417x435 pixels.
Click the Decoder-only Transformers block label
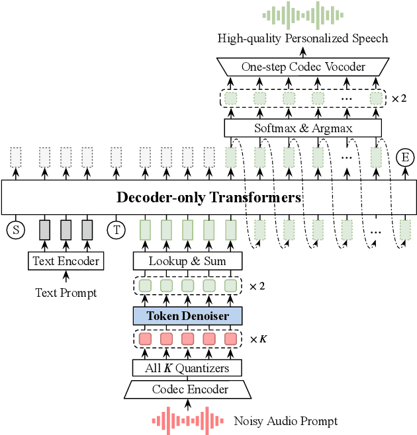[208, 198]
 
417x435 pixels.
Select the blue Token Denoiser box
[187, 316]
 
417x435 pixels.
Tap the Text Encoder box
[66, 261]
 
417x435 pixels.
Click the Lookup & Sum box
[187, 261]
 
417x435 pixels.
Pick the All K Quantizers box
[187, 368]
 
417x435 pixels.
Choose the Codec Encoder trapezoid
[187, 390]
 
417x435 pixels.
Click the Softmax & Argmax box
[303, 128]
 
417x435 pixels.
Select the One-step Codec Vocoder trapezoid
[303, 67]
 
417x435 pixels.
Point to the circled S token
[15, 230]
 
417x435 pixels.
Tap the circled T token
[116, 230]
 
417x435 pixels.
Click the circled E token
[404, 157]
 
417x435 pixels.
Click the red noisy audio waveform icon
[187, 419]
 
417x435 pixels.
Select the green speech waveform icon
[304, 15]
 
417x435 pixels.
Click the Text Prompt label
[66, 292]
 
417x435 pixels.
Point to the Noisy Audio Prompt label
[285, 421]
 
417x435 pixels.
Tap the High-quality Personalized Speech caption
[303, 38]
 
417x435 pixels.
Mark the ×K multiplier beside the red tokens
[257, 339]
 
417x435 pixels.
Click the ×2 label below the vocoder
[400, 99]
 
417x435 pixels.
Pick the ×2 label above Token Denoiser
[257, 286]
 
